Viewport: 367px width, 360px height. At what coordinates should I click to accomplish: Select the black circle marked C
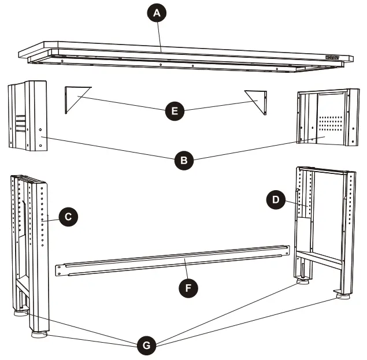68,217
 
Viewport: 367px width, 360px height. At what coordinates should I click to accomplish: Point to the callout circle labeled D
276,200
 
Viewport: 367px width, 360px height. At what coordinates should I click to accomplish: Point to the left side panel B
26,116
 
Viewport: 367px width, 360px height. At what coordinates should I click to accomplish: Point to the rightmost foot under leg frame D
342,296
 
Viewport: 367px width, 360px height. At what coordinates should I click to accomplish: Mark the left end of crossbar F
59,269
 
